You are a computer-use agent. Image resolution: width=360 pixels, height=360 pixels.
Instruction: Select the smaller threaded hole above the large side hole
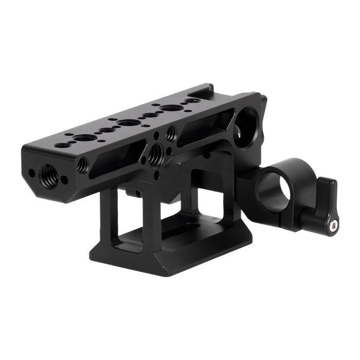pyautogui.click(x=170, y=135)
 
